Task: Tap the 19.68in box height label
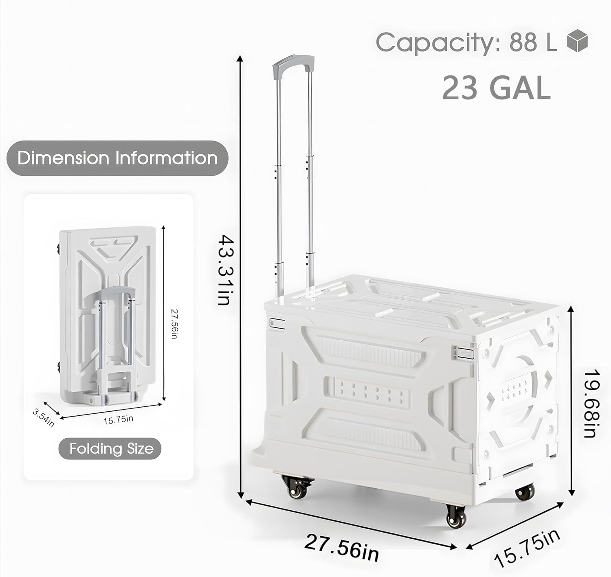pyautogui.click(x=591, y=403)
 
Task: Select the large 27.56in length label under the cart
pyautogui.click(x=341, y=548)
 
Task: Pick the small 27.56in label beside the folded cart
pyautogui.click(x=174, y=324)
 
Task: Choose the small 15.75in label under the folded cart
pyautogui.click(x=118, y=420)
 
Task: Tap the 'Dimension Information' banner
pyautogui.click(x=117, y=158)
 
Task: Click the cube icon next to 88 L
pyautogui.click(x=578, y=41)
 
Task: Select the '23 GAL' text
pyautogui.click(x=496, y=88)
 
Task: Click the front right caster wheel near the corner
pyautogui.click(x=456, y=516)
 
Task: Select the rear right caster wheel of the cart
pyautogui.click(x=524, y=492)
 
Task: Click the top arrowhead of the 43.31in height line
pyautogui.click(x=241, y=58)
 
